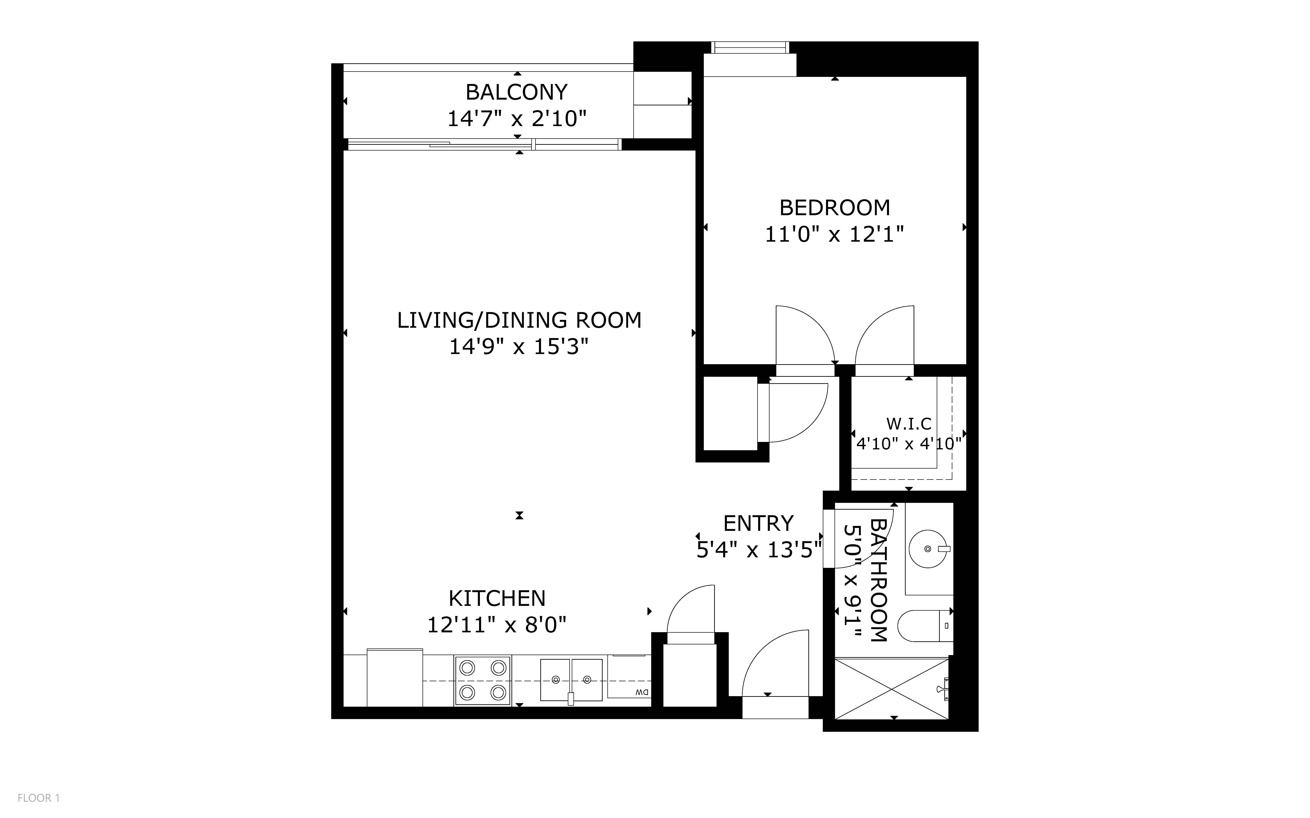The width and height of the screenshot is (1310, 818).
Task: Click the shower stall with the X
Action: [892, 689]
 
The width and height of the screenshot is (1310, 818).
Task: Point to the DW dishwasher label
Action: [642, 692]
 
